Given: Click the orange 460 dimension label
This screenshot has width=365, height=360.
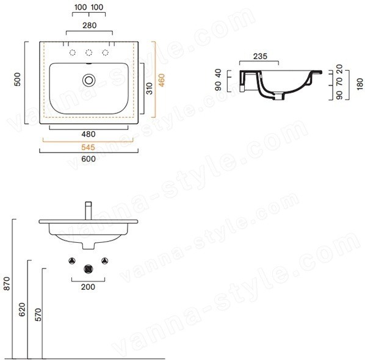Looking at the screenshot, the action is [x=161, y=80].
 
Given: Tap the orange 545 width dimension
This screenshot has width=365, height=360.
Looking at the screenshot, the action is [x=89, y=147].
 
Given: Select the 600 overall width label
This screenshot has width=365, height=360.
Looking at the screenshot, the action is [x=89, y=159].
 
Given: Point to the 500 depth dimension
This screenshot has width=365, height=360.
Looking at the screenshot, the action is [x=18, y=79].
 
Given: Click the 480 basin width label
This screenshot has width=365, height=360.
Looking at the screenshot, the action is [x=89, y=134].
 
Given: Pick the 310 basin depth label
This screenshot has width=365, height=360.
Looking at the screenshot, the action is [x=149, y=88].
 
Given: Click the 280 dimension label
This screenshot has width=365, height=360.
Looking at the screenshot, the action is [x=89, y=25].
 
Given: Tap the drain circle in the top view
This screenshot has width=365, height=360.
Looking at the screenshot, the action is [x=89, y=80].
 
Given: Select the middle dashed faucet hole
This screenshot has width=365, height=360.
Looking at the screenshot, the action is [x=89, y=53].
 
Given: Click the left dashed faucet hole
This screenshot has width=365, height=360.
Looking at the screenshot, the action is [x=73, y=53].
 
